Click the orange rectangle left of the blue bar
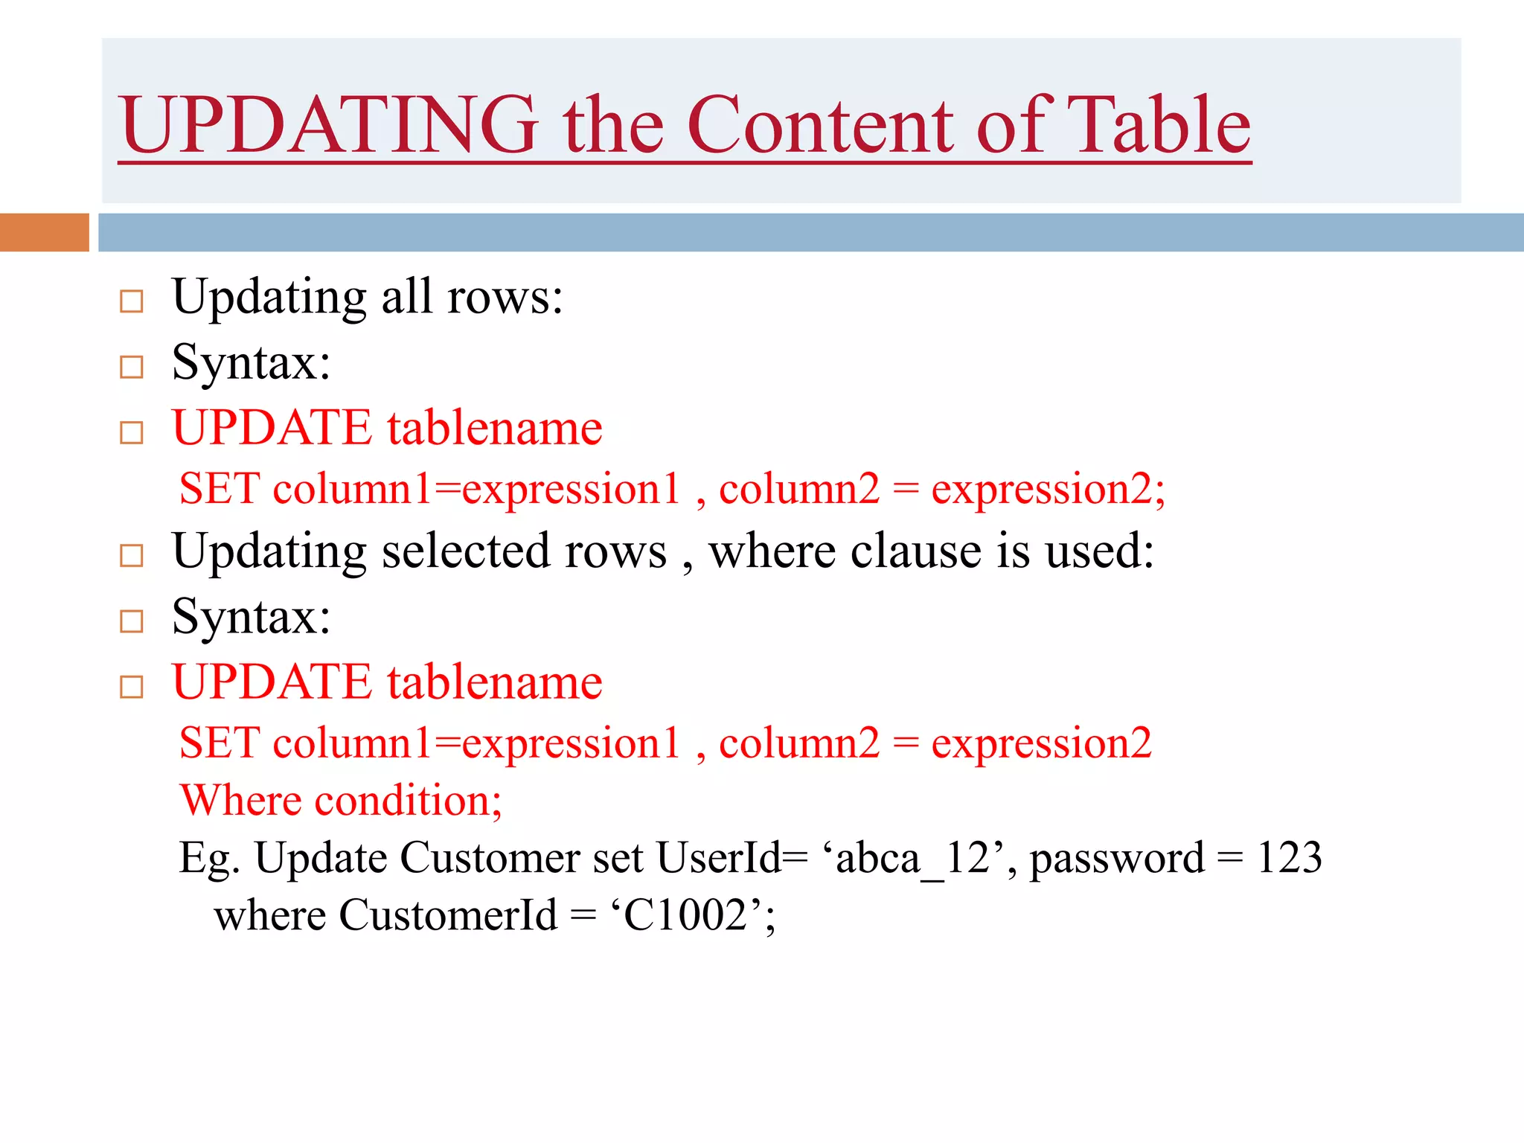(x=44, y=232)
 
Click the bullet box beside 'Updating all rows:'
(x=132, y=301)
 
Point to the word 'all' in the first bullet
(x=407, y=297)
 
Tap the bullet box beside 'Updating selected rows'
(x=132, y=555)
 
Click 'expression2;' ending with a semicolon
(x=1048, y=490)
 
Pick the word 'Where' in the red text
(x=240, y=801)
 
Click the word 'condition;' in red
(x=408, y=801)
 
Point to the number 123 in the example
(x=1289, y=858)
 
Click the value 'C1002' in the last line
(x=685, y=915)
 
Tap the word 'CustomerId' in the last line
(x=448, y=915)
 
